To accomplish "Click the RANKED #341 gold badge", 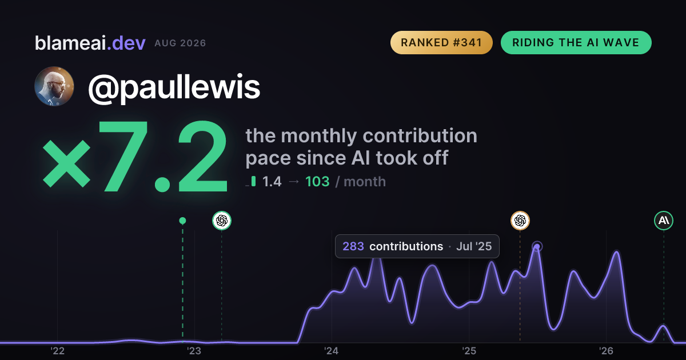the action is [x=441, y=42].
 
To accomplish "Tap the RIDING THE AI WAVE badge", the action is [x=576, y=42].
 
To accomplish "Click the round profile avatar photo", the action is [x=54, y=86].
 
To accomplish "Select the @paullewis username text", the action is [x=174, y=88].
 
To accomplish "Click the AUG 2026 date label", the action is [x=180, y=43].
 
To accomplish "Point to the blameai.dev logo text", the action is [x=90, y=43].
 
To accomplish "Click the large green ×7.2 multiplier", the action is [x=135, y=157].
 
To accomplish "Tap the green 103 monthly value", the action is [x=317, y=182].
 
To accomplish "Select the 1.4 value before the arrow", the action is [x=272, y=182].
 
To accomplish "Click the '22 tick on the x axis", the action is [x=57, y=351].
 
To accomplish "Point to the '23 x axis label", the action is [x=194, y=351].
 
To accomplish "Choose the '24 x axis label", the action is [x=332, y=351].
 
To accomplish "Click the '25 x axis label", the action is [x=469, y=351].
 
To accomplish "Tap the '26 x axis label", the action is [x=606, y=351].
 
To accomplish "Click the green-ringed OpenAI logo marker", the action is [x=222, y=221].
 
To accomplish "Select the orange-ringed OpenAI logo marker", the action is [x=520, y=221].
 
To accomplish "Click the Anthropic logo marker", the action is [x=664, y=221].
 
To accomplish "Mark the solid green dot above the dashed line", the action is [x=182, y=221].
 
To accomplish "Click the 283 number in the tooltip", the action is [x=353, y=246].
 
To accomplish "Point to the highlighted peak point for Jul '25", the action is [x=537, y=246].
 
